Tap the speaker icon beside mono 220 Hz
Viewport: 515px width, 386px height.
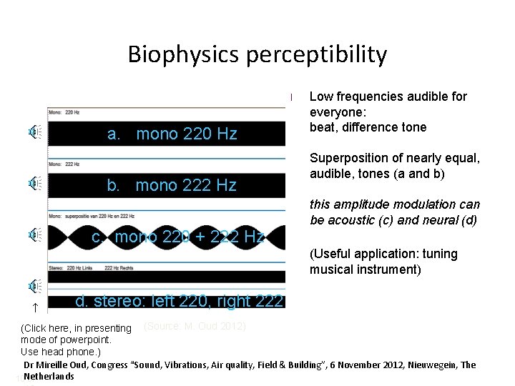click(x=34, y=132)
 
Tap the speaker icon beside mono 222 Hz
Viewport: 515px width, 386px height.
click(x=34, y=183)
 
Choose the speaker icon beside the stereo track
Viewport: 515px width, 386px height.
click(x=34, y=286)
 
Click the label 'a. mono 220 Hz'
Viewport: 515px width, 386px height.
click(x=172, y=134)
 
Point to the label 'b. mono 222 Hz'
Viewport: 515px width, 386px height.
click(x=172, y=185)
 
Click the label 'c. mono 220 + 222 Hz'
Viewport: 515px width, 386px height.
click(x=179, y=237)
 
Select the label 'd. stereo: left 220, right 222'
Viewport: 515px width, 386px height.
click(x=180, y=301)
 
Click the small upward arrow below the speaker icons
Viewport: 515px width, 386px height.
click(x=33, y=308)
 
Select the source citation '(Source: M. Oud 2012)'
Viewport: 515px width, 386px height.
click(x=195, y=327)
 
